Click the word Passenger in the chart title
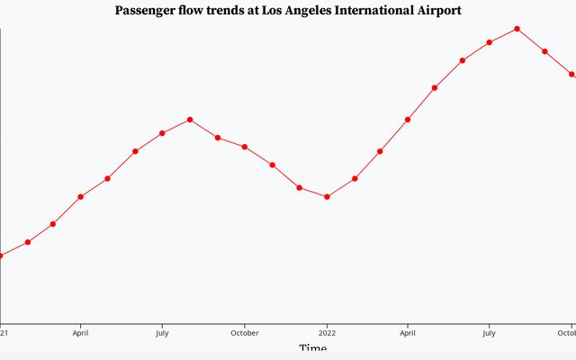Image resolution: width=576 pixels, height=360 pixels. click(x=148, y=11)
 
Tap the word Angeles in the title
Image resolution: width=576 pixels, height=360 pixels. click(x=302, y=11)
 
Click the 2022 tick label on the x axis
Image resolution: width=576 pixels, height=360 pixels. click(x=326, y=331)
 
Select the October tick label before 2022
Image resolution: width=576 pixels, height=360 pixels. click(x=244, y=331)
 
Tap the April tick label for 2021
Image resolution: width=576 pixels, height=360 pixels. click(x=80, y=331)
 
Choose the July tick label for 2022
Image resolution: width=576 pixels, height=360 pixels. click(x=489, y=331)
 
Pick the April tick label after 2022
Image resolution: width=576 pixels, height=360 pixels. click(x=407, y=331)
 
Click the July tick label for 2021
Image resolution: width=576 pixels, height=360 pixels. click(x=161, y=331)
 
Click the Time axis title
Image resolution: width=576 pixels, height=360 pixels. click(x=313, y=349)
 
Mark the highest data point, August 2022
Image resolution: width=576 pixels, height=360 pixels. click(x=517, y=29)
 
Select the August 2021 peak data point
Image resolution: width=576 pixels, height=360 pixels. click(x=190, y=120)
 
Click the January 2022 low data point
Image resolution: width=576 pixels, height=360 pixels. click(x=327, y=196)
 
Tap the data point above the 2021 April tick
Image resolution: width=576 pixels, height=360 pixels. click(x=81, y=196)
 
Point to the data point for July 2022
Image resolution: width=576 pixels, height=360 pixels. click(x=490, y=42)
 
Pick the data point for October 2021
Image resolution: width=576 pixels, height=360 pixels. click(x=245, y=147)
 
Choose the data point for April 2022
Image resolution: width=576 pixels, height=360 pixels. click(x=408, y=119)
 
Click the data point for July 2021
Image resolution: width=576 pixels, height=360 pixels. click(x=162, y=133)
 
